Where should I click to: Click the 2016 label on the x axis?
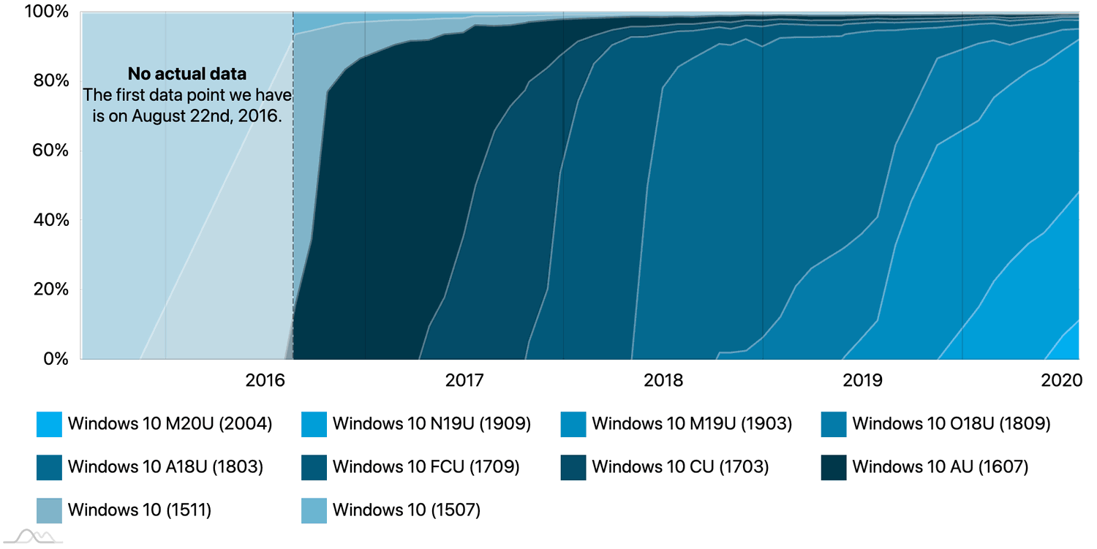point(265,380)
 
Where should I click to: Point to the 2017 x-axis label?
point(464,380)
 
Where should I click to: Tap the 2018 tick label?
point(663,380)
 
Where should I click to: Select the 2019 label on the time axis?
point(862,380)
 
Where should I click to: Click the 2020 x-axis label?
point(1061,380)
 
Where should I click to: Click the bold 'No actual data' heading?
point(187,74)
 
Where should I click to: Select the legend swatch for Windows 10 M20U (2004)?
point(49,424)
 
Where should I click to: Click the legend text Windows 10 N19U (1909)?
point(431,423)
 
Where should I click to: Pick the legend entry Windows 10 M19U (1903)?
point(691,423)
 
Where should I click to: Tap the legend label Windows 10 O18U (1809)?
point(951,423)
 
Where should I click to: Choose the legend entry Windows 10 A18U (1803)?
point(165,466)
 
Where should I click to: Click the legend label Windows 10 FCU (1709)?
point(426,466)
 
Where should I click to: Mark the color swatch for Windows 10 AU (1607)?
point(834,467)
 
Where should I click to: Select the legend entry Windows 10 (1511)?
point(139,510)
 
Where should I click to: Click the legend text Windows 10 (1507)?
point(406,510)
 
